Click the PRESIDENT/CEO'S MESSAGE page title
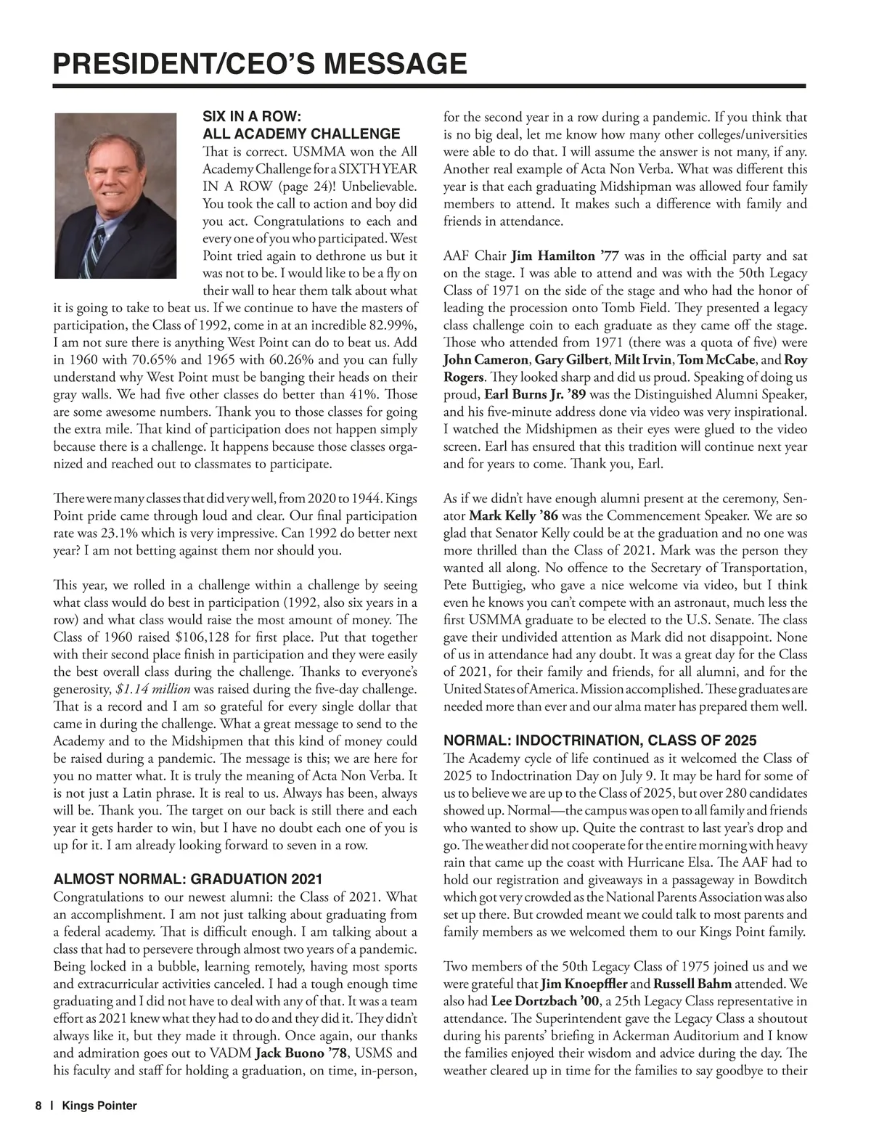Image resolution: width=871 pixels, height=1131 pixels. click(260, 64)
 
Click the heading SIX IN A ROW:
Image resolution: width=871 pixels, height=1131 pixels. click(251, 117)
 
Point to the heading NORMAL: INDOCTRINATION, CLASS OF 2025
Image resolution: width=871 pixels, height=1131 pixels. click(600, 740)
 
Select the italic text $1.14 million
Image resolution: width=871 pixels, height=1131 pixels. click(153, 689)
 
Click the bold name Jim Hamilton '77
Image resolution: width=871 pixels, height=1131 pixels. click(565, 256)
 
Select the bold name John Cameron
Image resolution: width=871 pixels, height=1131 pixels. click(486, 361)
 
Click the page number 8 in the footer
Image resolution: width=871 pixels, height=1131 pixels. click(38, 1106)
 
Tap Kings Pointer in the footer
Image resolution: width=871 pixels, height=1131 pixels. click(99, 1106)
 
